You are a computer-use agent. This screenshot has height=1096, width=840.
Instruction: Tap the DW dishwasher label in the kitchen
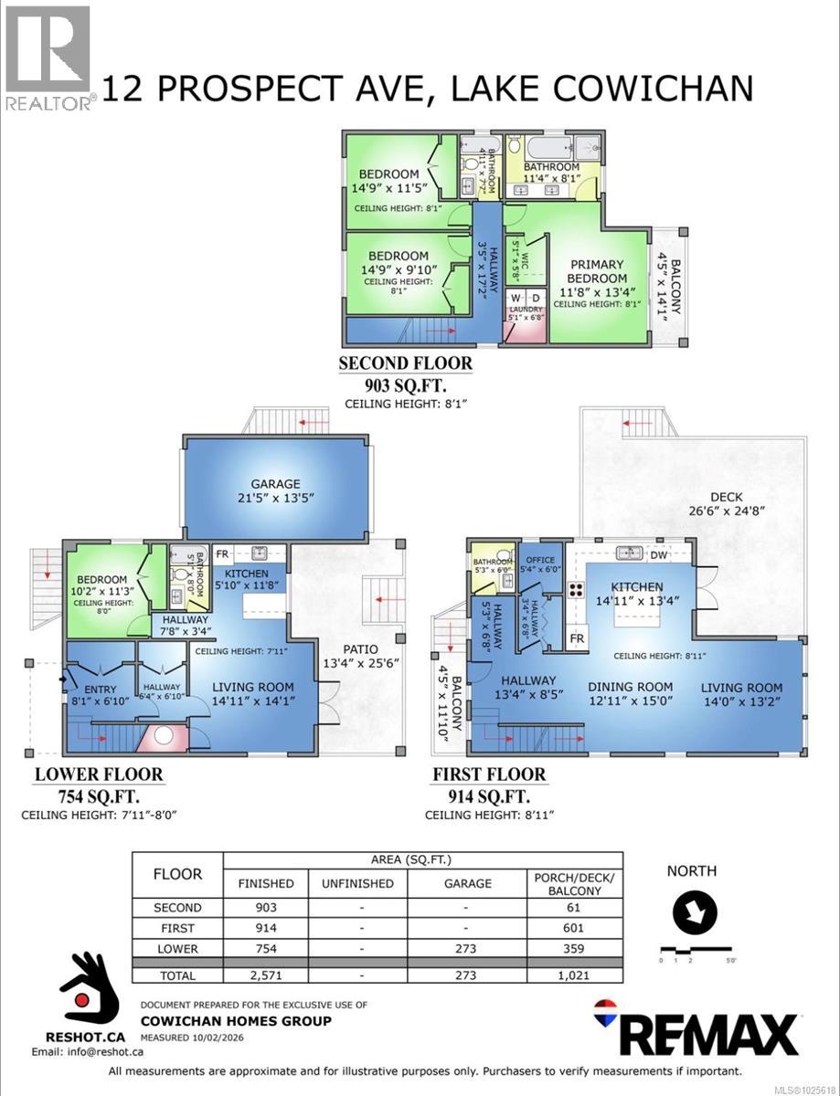click(x=659, y=553)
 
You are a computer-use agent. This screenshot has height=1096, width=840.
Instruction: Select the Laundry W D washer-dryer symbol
click(x=524, y=299)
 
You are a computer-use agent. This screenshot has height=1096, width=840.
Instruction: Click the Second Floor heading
click(x=406, y=364)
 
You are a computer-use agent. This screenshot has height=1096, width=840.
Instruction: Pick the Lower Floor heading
click(x=99, y=775)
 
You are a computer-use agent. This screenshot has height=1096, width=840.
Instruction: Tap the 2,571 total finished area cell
click(x=266, y=975)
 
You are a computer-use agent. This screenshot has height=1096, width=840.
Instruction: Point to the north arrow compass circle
click(x=695, y=912)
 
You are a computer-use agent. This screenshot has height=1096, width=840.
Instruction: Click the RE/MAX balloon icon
click(x=605, y=1011)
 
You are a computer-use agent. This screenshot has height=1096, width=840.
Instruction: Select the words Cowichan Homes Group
click(x=235, y=1021)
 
